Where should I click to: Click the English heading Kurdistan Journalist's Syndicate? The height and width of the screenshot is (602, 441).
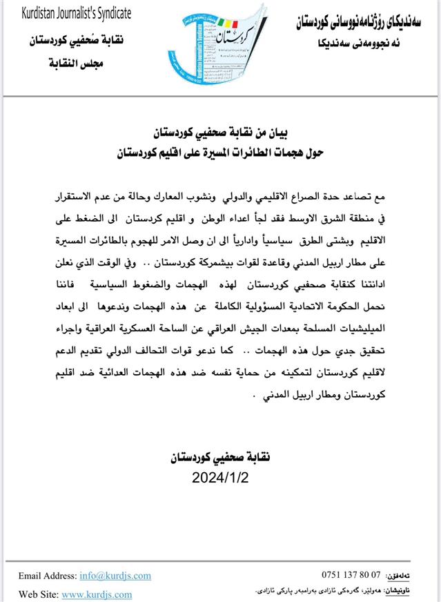click(x=74, y=14)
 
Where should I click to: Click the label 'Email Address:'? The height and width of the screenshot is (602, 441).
click(x=48, y=575)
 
